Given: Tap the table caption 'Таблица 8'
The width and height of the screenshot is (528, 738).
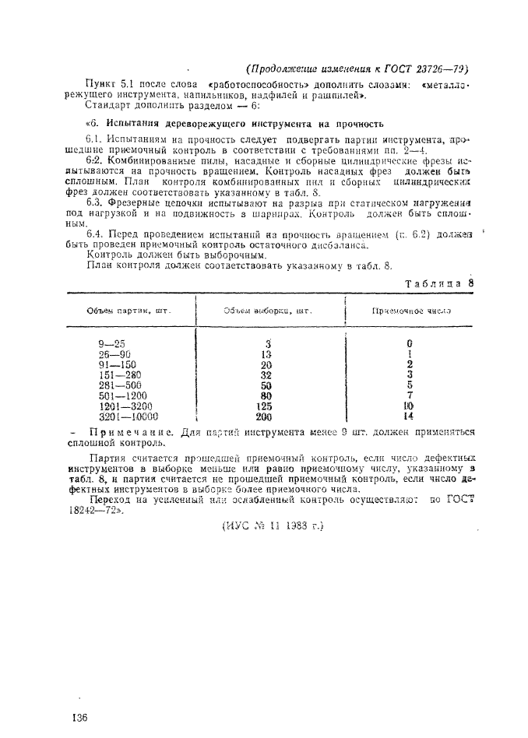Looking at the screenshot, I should click(x=439, y=283).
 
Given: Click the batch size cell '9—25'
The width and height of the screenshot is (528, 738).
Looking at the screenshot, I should click(x=112, y=343).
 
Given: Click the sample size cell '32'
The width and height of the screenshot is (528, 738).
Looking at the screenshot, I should click(x=266, y=374).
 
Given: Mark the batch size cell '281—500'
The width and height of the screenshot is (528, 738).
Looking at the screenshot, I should click(x=120, y=385).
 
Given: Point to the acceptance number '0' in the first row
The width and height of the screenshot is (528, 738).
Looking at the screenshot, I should click(x=409, y=343).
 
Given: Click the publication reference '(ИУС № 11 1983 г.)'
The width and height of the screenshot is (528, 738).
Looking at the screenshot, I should click(x=267, y=525).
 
